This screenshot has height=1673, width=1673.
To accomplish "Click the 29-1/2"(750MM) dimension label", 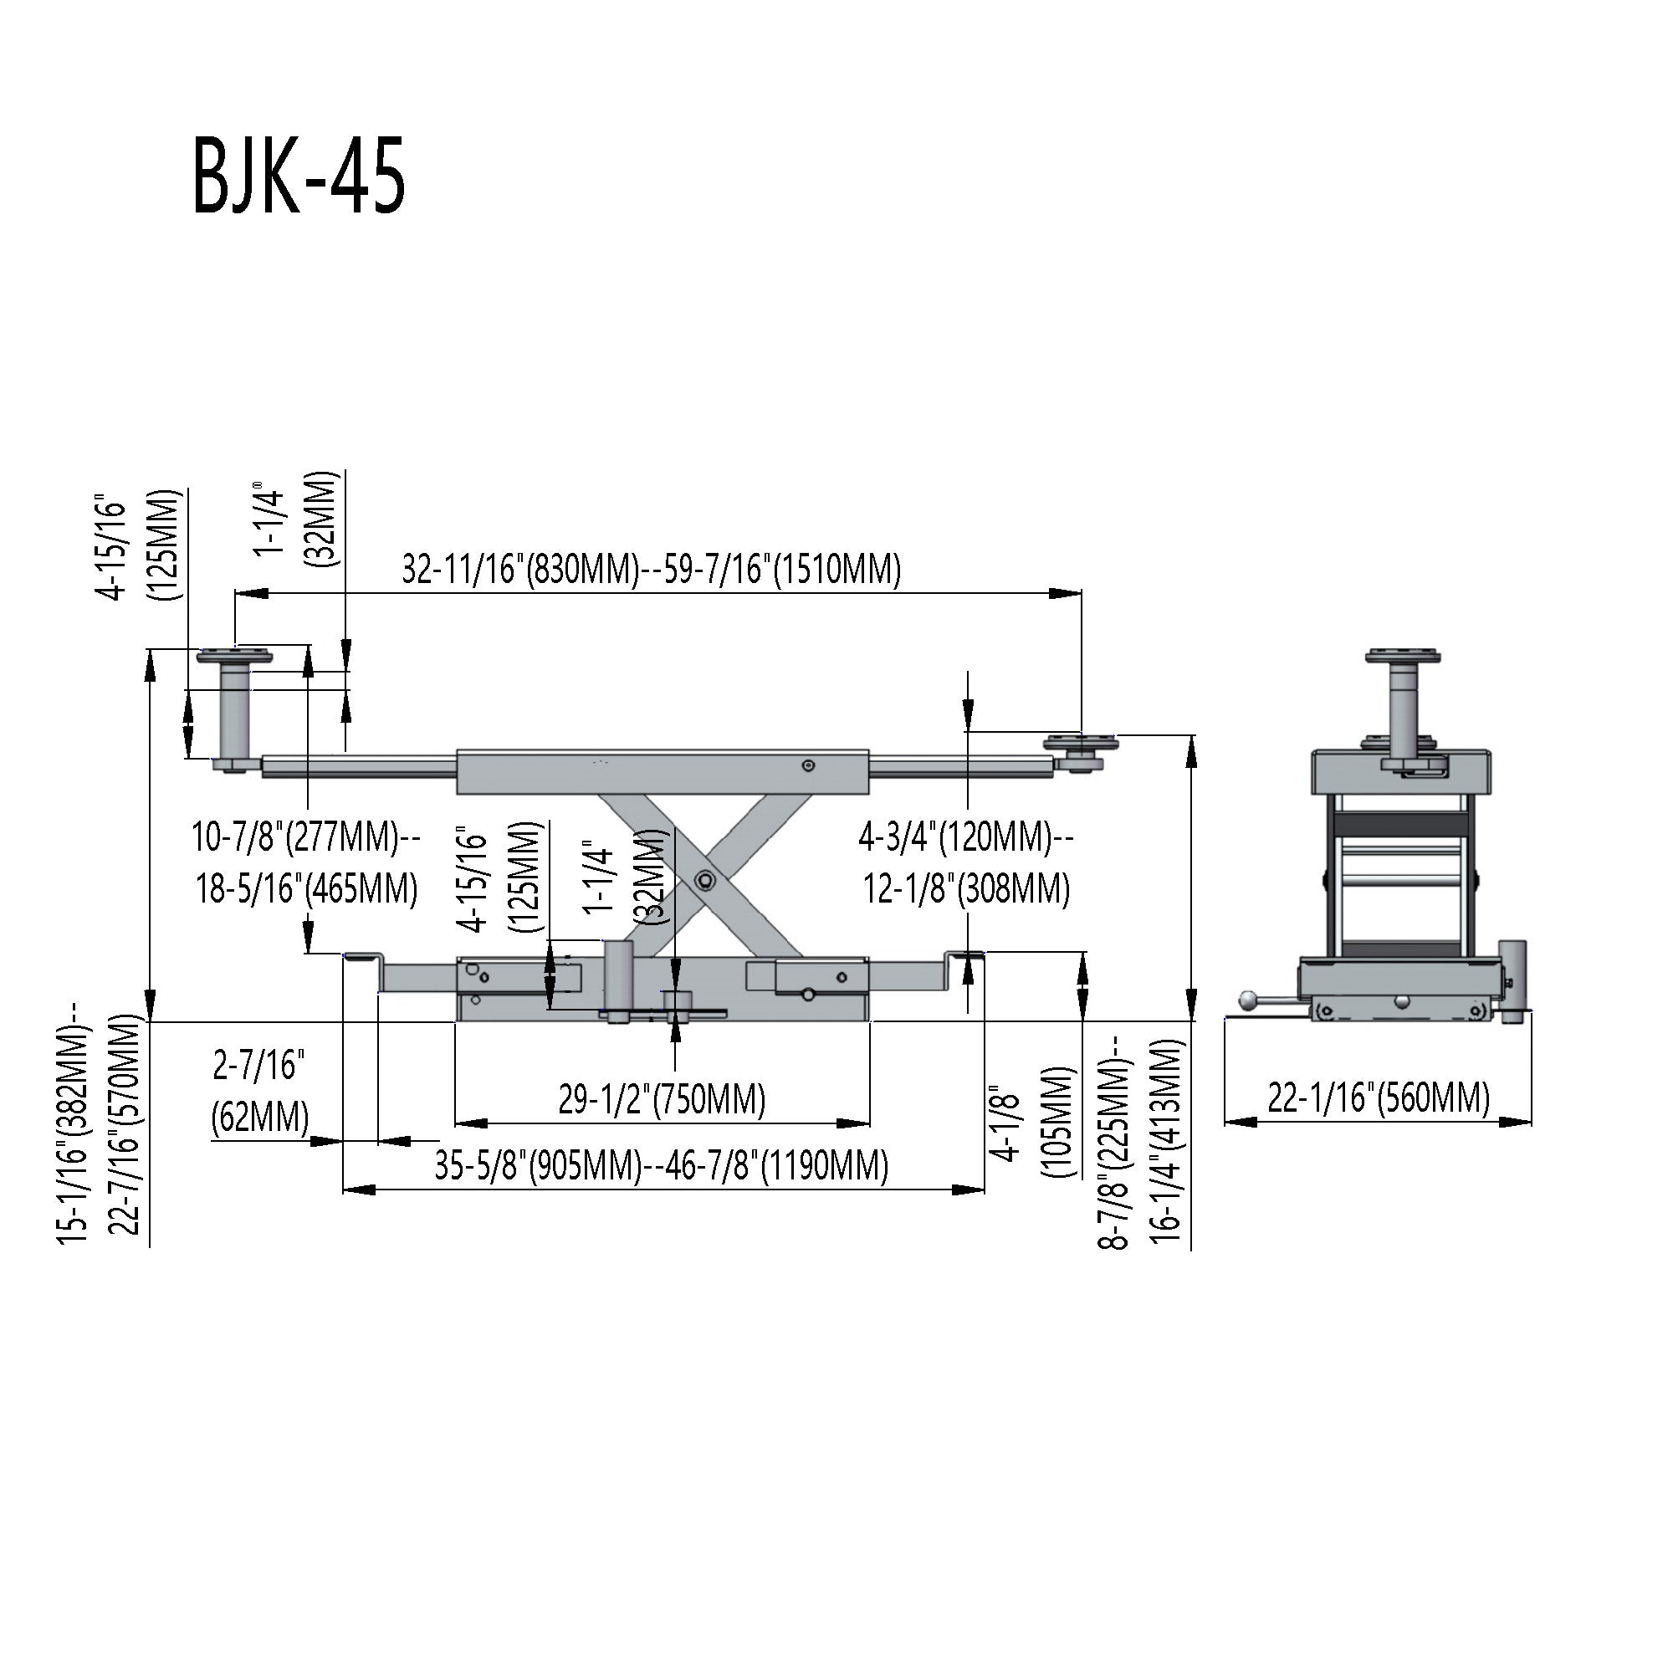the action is [x=662, y=1099].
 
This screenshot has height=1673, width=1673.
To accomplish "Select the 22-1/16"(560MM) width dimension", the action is [x=1379, y=1098].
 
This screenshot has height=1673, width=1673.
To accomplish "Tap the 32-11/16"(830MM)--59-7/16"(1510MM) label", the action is [x=651, y=570].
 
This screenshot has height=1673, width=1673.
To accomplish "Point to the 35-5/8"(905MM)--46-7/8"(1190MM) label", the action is [x=662, y=1165].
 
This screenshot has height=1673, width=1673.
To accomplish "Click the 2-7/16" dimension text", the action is [x=260, y=1066].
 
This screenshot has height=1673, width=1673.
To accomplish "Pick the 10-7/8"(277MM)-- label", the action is [x=305, y=836].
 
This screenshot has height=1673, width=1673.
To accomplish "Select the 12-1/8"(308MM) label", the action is [x=966, y=888].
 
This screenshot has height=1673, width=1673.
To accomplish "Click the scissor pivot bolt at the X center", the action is [x=704, y=881].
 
